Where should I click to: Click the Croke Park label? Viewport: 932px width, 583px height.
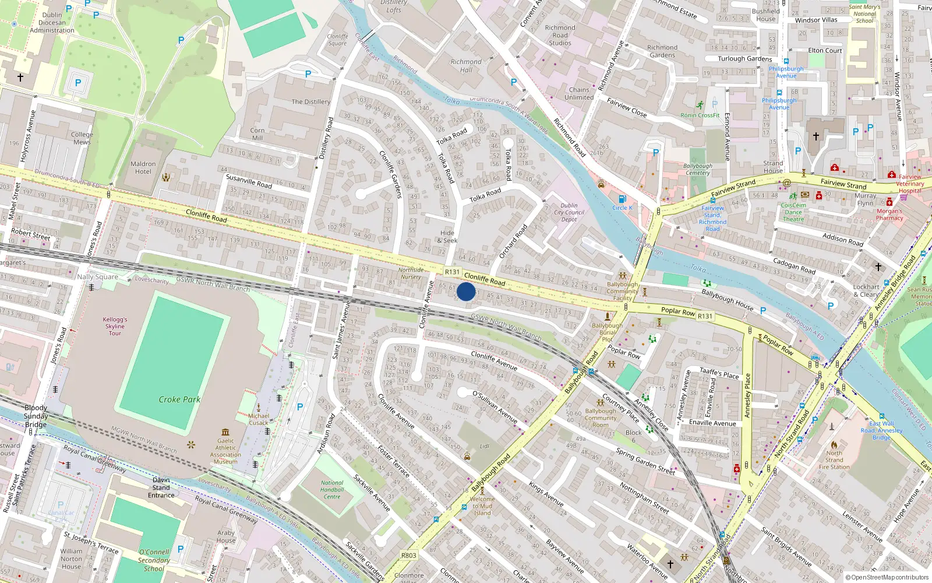click(179, 399)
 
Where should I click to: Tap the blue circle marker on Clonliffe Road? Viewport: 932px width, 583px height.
click(466, 291)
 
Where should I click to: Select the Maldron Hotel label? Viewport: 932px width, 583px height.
click(143, 168)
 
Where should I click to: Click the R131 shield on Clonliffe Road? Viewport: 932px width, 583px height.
click(452, 272)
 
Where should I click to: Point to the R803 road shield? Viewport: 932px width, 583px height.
click(409, 556)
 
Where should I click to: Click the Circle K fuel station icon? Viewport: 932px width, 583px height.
click(622, 199)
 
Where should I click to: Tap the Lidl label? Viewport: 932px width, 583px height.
click(485, 446)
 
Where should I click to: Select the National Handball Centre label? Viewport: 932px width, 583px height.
click(332, 490)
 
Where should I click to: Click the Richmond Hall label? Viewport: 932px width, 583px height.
click(466, 65)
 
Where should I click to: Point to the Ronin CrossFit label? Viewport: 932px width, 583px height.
click(700, 115)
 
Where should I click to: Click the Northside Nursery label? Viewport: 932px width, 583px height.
click(411, 273)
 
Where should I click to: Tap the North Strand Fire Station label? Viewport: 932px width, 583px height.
click(834, 460)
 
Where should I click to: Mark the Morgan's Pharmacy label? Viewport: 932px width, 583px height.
click(889, 215)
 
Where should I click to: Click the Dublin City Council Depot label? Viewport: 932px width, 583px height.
click(569, 212)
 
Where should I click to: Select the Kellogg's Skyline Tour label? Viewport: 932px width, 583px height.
click(115, 326)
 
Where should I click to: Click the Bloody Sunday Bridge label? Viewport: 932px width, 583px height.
click(36, 416)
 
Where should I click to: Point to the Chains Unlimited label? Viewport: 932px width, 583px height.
click(579, 93)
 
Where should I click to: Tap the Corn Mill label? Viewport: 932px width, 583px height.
click(257, 134)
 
